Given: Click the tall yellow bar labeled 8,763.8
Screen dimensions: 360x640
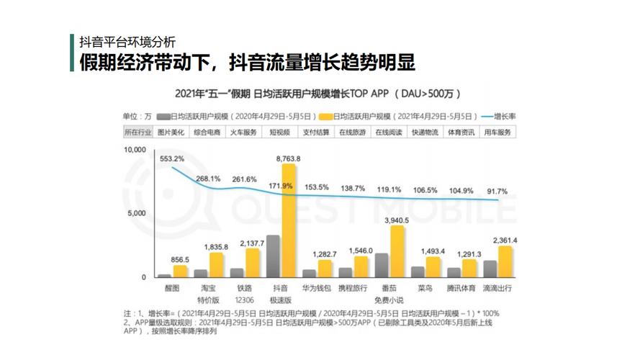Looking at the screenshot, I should pyautogui.click(x=288, y=220).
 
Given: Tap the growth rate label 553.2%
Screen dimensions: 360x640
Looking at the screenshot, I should pyautogui.click(x=172, y=158).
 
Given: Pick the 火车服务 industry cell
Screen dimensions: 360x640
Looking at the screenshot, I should pyautogui.click(x=243, y=132).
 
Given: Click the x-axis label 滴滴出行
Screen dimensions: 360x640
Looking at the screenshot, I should pyautogui.click(x=497, y=288).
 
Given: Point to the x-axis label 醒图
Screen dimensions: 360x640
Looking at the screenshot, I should pyautogui.click(x=172, y=288).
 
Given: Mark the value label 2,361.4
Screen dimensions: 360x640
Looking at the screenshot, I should pyautogui.click(x=505, y=240).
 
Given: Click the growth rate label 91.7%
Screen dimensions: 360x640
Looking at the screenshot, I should pyautogui.click(x=496, y=192).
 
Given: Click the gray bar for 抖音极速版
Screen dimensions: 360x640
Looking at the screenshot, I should pyautogui.click(x=274, y=256).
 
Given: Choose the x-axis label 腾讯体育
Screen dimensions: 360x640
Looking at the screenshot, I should pyautogui.click(x=461, y=288).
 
